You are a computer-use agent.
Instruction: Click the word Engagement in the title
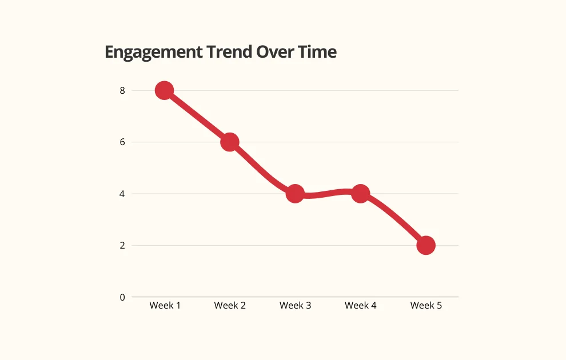click(x=154, y=53)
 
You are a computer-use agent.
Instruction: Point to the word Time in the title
click(x=317, y=52)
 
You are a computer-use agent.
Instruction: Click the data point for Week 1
click(x=164, y=90)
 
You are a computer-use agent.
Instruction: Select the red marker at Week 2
click(x=229, y=142)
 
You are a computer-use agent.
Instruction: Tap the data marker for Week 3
click(x=295, y=194)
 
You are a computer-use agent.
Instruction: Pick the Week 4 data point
click(x=360, y=194)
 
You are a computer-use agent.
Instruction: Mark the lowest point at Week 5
click(x=425, y=245)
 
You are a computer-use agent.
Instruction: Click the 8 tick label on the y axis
click(x=122, y=90)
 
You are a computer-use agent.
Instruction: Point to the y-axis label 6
click(x=122, y=142)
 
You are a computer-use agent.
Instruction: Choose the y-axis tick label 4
click(x=122, y=194)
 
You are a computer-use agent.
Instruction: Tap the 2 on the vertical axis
click(x=122, y=245)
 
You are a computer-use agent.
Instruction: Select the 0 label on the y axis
click(x=122, y=297)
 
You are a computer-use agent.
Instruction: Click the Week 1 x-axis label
click(x=165, y=306)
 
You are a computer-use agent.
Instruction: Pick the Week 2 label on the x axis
click(x=230, y=306)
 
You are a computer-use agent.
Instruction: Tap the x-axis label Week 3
click(x=295, y=306)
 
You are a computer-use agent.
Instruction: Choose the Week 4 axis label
click(x=360, y=306)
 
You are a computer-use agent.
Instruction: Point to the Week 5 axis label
click(x=426, y=306)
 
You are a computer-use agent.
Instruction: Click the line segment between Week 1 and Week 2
click(x=197, y=116)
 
